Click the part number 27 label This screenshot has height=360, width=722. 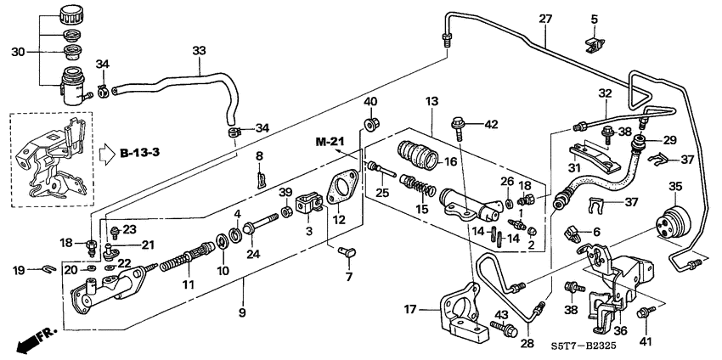(545, 19)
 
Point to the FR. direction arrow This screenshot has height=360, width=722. (31, 341)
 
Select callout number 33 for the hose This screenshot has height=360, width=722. (199, 52)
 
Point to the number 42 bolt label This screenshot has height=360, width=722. (491, 124)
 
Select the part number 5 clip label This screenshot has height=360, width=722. (594, 19)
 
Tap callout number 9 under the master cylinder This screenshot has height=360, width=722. (244, 314)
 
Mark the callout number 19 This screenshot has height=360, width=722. (19, 271)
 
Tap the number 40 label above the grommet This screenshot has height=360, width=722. (370, 103)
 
